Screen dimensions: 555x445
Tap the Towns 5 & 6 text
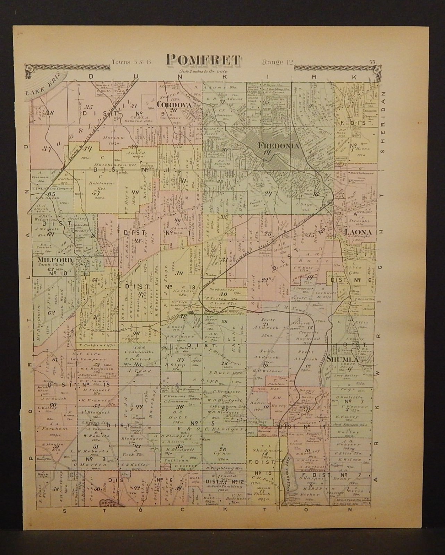(131, 62)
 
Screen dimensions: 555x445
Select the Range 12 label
(278, 62)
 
